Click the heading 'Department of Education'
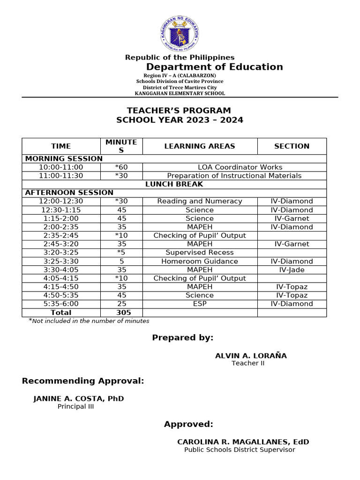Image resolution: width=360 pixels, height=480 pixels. point(214,67)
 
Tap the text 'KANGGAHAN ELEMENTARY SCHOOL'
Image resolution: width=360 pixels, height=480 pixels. point(180,93)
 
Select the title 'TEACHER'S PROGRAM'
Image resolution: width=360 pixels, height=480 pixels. point(180,111)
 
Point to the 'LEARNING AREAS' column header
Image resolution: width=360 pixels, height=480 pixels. point(200,146)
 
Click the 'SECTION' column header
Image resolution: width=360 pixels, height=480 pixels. point(292,146)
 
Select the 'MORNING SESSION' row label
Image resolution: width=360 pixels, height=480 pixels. point(64,158)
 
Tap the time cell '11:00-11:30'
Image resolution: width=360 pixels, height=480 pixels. point(61,176)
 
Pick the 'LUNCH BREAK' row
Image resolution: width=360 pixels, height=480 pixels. point(174,184)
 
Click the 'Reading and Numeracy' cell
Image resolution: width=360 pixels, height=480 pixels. point(200,201)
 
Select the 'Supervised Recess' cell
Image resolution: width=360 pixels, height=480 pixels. point(200,253)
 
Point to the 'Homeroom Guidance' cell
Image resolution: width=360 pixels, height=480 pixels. point(200,261)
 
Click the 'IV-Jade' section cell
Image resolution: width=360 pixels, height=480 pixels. point(292,270)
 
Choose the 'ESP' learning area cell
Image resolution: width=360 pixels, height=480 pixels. point(200,304)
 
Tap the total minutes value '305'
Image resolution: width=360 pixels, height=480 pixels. point(124,312)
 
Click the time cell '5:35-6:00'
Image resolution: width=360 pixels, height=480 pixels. point(61,304)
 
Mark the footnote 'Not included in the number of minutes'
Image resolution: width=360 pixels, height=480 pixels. point(90,321)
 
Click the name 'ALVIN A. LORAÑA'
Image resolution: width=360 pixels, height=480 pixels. point(251,356)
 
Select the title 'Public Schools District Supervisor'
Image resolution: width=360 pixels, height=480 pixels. point(240,450)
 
